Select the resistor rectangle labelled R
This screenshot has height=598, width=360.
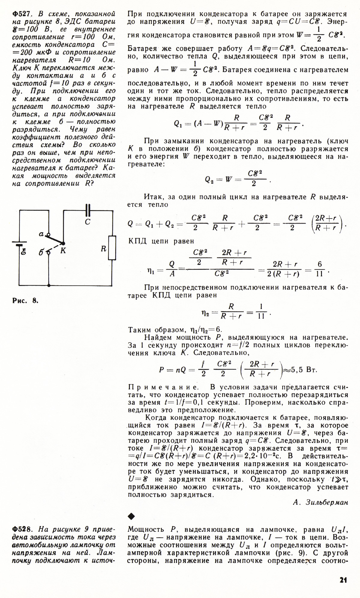112,248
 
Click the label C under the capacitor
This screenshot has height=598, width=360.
88,222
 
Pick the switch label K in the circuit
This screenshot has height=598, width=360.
63,251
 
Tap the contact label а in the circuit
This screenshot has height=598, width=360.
42,234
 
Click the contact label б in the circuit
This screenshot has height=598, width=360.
41,252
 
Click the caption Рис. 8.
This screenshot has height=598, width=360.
25,300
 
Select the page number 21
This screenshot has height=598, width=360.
343,580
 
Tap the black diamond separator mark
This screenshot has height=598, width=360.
131,516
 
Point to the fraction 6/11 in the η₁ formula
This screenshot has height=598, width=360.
319,269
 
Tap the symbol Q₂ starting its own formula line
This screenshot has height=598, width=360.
209,180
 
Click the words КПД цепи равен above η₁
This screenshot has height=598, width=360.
161,241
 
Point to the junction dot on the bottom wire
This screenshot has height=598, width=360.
49,285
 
